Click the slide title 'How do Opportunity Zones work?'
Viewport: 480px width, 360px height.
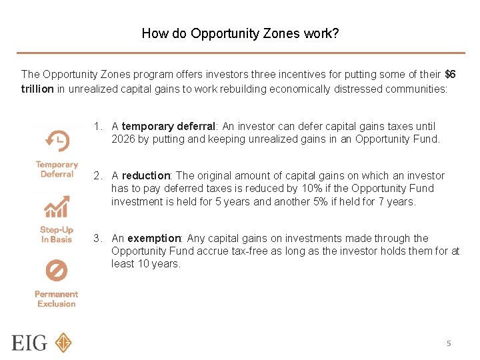[x=240, y=33]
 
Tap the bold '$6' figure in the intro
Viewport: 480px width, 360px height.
[x=450, y=74]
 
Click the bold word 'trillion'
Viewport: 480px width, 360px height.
[x=37, y=89]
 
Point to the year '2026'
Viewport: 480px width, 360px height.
[x=123, y=139]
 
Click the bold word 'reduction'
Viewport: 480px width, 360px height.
[x=146, y=175]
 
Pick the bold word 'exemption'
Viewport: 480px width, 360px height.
[x=154, y=238]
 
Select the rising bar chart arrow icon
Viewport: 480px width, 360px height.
[x=57, y=207]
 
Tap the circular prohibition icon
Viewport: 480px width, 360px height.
[x=57, y=271]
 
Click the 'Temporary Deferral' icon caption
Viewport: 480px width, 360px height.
[x=57, y=169]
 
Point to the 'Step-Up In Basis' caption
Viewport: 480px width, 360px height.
[x=57, y=235]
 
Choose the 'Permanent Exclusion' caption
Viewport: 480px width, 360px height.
[x=57, y=299]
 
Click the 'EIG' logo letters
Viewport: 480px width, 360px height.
[x=29, y=343]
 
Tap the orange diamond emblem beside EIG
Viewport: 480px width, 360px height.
[x=63, y=343]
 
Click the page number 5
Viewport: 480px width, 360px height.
[x=449, y=343]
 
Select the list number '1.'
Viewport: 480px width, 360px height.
[x=98, y=126]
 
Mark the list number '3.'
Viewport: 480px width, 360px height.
[x=98, y=238]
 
